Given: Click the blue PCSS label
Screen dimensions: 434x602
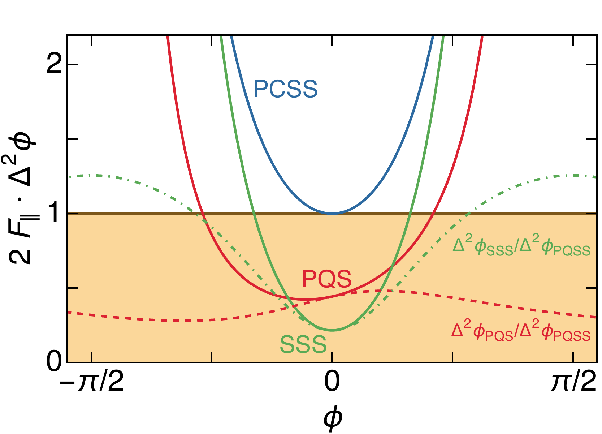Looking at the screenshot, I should tap(285, 89).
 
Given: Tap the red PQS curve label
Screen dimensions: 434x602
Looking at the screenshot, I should tap(326, 279).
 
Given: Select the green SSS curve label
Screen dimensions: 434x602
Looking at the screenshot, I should tap(303, 345).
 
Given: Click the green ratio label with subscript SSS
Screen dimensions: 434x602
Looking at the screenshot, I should tap(521, 247).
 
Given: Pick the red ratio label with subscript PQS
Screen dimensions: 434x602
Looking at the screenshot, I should tap(521, 332).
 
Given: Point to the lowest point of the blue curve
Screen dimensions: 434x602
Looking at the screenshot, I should tap(332, 213).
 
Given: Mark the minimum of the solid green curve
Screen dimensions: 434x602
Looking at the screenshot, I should tap(332, 330).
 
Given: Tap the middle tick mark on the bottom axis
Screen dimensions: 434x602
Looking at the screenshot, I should tap(332, 357).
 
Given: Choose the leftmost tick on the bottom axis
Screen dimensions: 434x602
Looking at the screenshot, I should tap(91, 357).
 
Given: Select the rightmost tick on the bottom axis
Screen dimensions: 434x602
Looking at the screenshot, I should tap(573, 357).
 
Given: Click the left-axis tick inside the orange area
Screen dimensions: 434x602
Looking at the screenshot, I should tap(73, 288).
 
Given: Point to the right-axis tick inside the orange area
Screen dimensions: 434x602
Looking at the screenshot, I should tap(591, 288).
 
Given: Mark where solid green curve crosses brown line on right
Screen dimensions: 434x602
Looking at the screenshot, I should tap(410, 214).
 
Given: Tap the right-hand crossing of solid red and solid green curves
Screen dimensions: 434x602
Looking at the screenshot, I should tap(392, 267).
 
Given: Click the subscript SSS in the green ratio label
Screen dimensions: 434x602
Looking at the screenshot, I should tap(500, 251).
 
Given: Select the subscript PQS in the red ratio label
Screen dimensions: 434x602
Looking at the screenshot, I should tap(499, 336).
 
